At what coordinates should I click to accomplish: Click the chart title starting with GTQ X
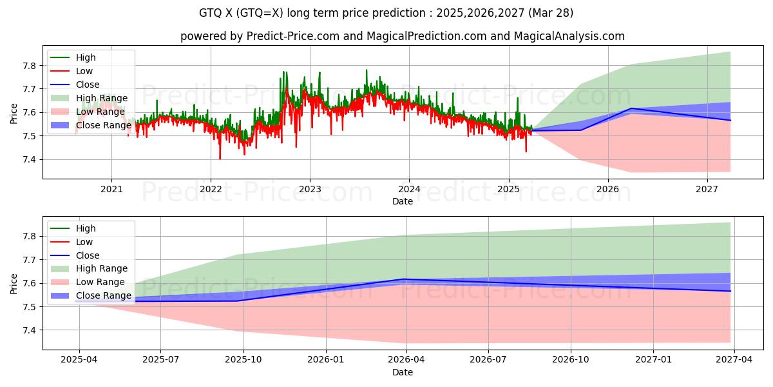click(386, 13)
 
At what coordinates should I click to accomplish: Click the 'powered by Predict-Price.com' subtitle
click(402, 36)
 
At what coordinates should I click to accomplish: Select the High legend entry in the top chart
click(85, 57)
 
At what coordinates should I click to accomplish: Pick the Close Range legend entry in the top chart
click(103, 125)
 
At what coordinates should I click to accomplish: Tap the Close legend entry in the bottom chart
click(88, 255)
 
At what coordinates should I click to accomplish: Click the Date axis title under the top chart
click(402, 201)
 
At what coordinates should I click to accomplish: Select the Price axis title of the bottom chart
click(14, 283)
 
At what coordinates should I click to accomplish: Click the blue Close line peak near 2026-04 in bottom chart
click(404, 279)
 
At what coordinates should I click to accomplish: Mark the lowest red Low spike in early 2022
click(220, 159)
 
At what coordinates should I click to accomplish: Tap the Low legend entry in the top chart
click(84, 71)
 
